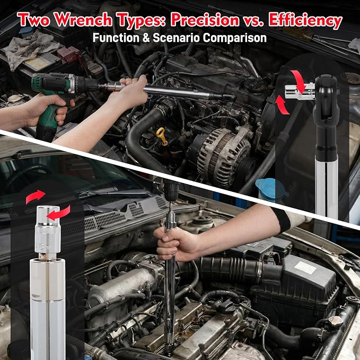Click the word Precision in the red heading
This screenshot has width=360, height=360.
tap(205, 20)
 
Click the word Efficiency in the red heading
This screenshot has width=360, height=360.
tap(305, 21)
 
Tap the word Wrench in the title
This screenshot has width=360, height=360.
tap(83, 20)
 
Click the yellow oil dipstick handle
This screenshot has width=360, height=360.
tap(162, 136)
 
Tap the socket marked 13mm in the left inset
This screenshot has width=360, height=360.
tap(48, 232)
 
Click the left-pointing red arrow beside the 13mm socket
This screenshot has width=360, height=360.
tap(59, 213)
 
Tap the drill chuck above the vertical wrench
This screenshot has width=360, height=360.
tap(171, 190)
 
